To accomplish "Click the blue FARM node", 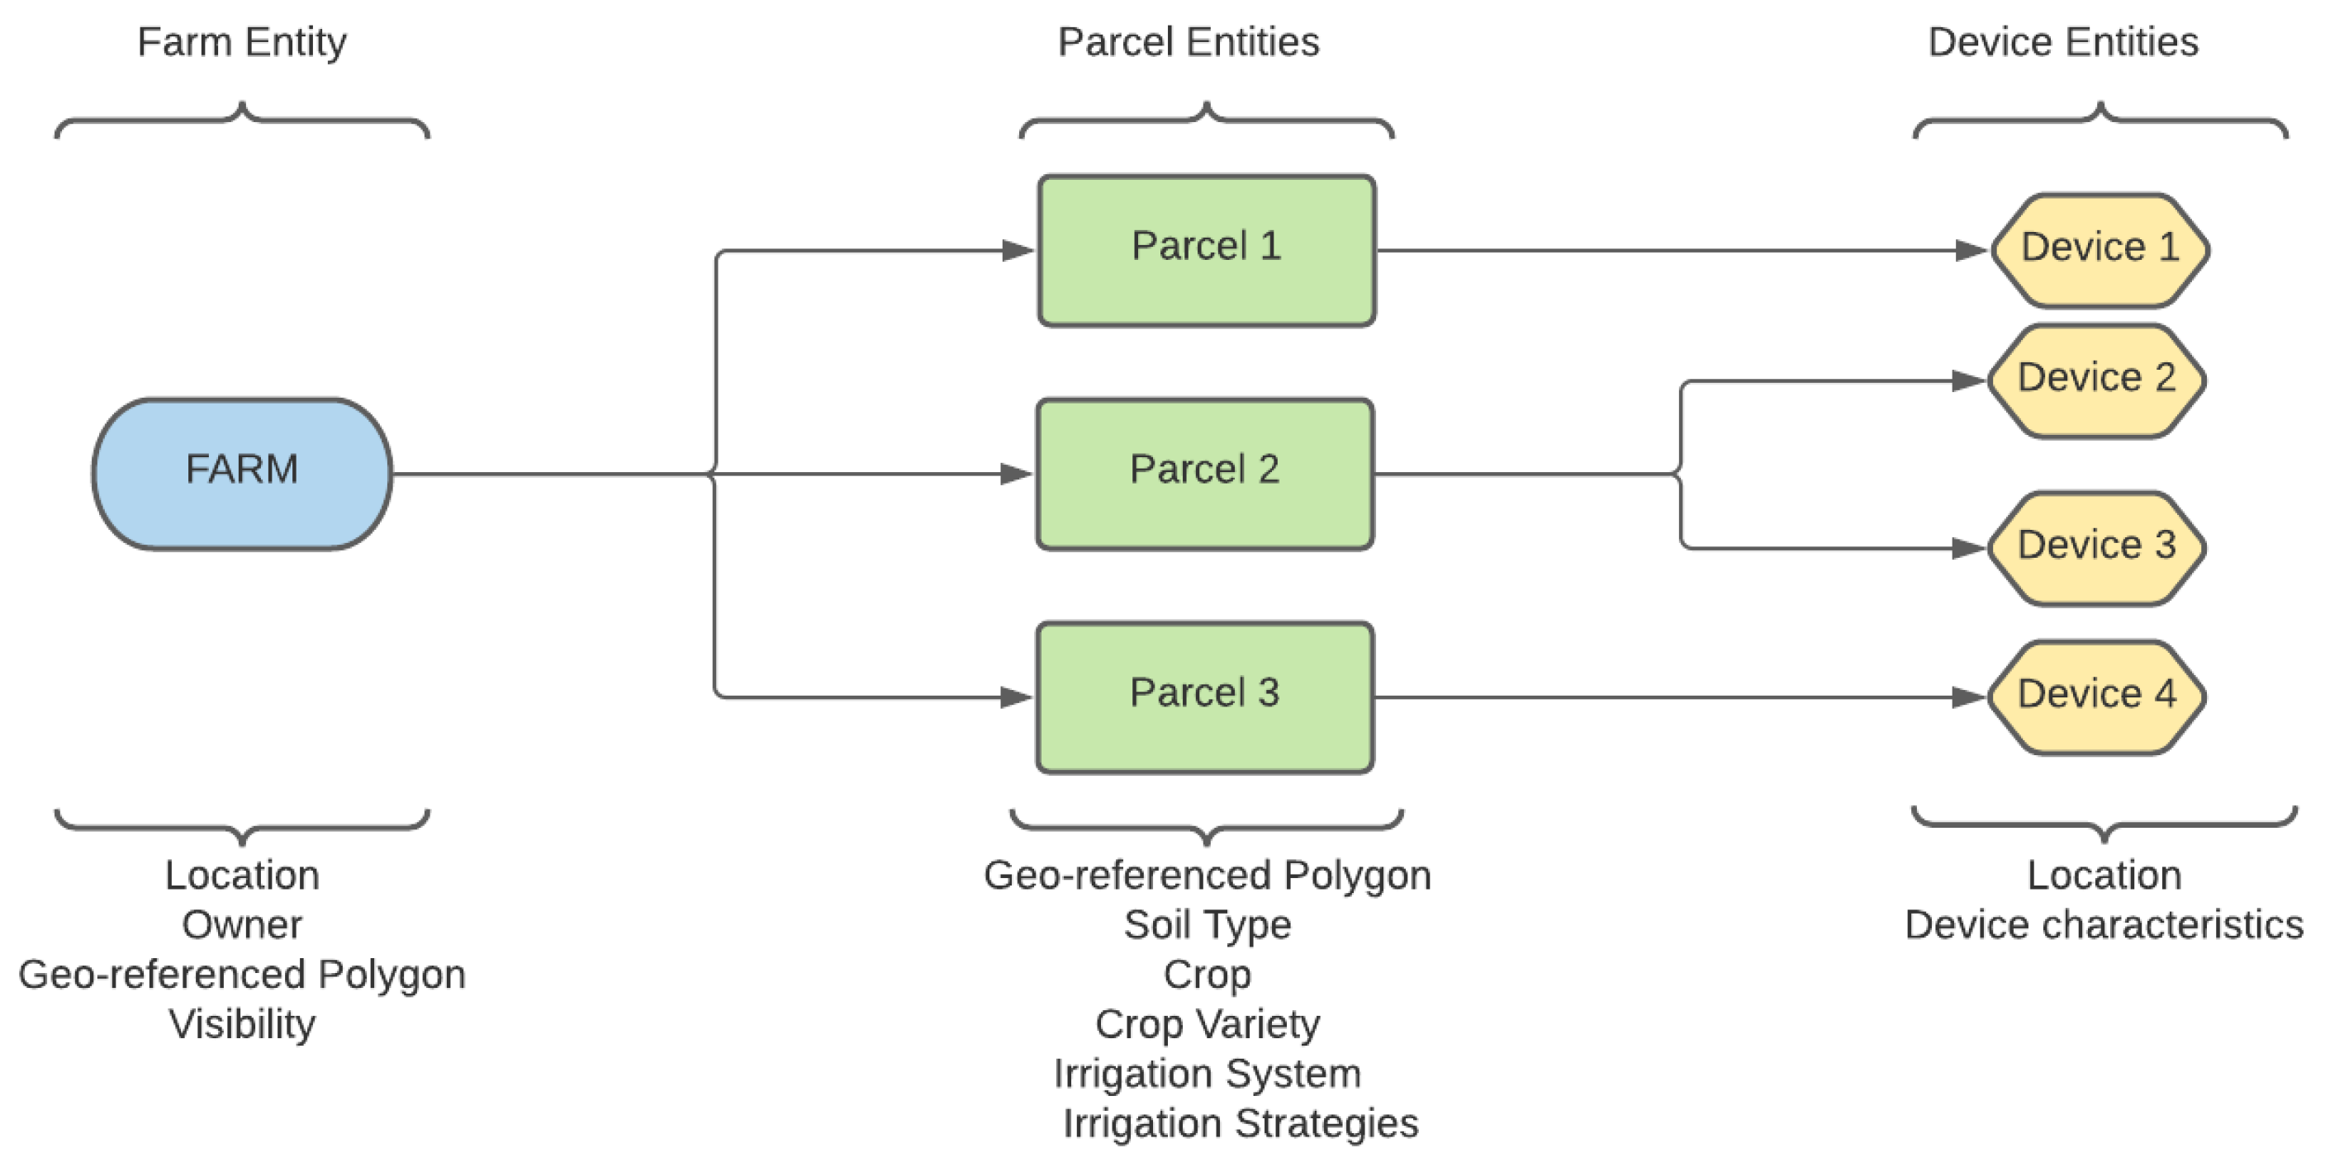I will pos(242,473).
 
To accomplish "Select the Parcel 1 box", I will pos(1206,251).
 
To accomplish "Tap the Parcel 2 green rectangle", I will pos(1204,474).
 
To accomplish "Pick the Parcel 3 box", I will pos(1204,697).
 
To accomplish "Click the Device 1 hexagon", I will pos(2100,250).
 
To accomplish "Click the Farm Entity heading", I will pos(242,42).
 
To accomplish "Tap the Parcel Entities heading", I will pos(1188,42).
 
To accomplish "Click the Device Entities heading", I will pos(2062,42).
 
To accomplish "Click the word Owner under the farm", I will pos(242,924).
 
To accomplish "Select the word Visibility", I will pos(242,1024).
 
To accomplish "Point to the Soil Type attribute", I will pos(1207,924).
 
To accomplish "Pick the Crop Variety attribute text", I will pos(1207,1024).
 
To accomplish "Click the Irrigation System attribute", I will pos(1207,1074).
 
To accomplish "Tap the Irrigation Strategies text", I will pos(1240,1123).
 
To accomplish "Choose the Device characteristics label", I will pos(2104,924).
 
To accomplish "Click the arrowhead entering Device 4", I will pos(1967,697).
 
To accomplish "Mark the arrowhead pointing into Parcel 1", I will pos(1018,251).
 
